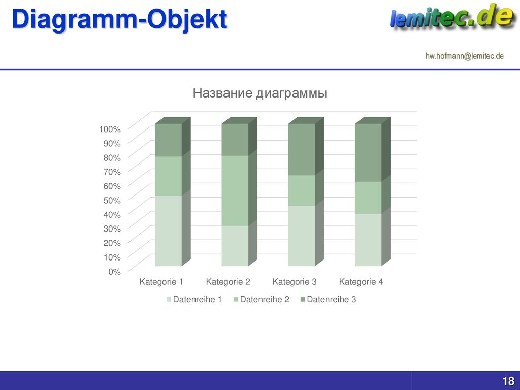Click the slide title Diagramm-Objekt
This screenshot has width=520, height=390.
(119, 19)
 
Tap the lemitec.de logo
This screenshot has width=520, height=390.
(451, 17)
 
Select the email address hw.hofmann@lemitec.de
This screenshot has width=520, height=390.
(465, 56)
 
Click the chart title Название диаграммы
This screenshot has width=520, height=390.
(259, 93)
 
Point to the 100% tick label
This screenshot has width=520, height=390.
(110, 129)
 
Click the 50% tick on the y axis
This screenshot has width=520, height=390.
(112, 200)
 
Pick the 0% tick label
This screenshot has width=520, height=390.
(114, 272)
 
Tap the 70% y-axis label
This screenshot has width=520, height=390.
(112, 172)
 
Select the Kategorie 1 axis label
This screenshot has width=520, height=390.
(161, 282)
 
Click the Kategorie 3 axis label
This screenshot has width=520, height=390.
(295, 282)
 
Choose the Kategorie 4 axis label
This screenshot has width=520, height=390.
(361, 282)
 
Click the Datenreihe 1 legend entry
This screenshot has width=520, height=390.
(194, 299)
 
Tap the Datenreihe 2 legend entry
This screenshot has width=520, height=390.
(262, 299)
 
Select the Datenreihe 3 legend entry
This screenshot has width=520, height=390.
(329, 299)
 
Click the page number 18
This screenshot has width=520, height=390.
(508, 381)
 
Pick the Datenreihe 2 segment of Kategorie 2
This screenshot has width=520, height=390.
(235, 191)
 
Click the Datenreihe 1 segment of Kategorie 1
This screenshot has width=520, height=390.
(169, 231)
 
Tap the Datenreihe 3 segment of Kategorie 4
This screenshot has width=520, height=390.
(369, 152)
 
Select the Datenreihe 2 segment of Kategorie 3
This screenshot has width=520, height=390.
(302, 190)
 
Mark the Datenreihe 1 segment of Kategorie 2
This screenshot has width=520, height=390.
(235, 246)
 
